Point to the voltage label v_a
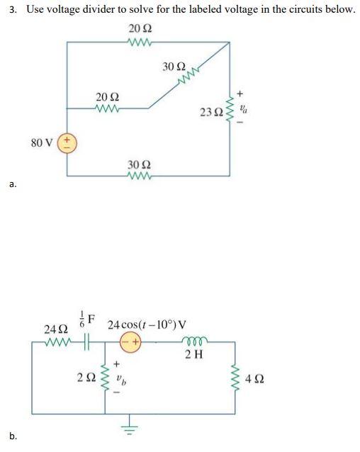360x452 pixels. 243,110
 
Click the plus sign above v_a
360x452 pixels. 241,92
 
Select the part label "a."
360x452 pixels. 13,186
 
